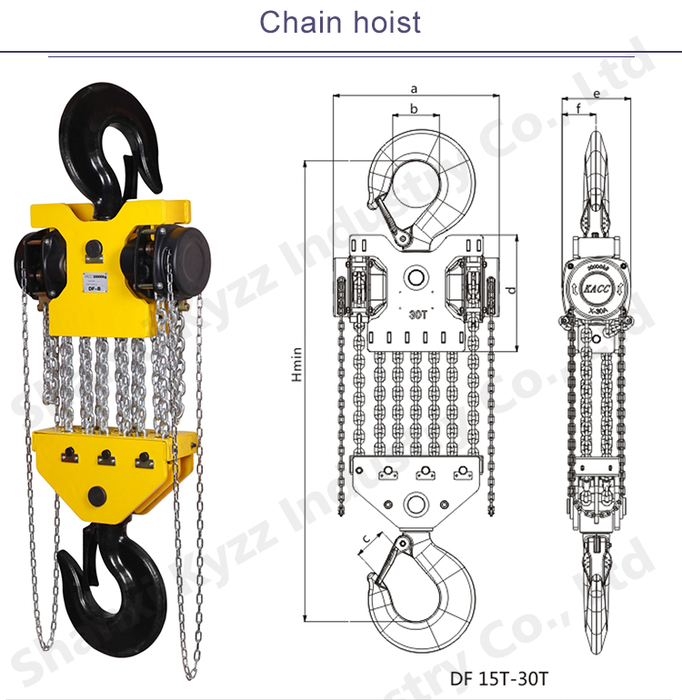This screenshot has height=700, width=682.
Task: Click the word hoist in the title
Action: pyautogui.click(x=382, y=21)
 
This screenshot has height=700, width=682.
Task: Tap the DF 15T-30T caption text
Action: pyautogui.click(x=499, y=678)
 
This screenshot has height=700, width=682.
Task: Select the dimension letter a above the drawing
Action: pyautogui.click(x=413, y=89)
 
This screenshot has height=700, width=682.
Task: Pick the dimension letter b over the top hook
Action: pyautogui.click(x=414, y=109)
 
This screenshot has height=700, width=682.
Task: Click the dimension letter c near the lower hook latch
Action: pyautogui.click(x=366, y=542)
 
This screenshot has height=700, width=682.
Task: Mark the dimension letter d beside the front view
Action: pyautogui.click(x=511, y=292)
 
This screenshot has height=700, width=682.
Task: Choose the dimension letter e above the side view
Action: pyautogui.click(x=597, y=94)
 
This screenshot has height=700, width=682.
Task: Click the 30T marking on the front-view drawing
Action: pyautogui.click(x=417, y=315)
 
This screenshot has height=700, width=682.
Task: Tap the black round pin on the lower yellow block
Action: pyautogui.click(x=95, y=495)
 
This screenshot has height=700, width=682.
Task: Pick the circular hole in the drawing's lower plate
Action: pyautogui.click(x=417, y=504)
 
